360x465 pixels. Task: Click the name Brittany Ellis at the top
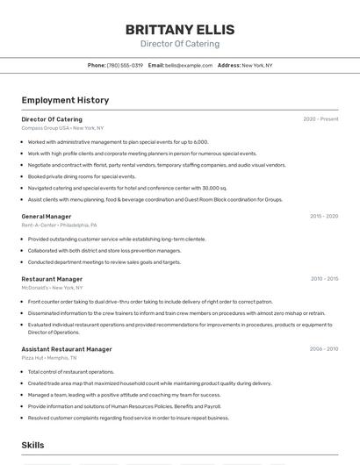click(179, 29)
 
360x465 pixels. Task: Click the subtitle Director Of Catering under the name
click(179, 44)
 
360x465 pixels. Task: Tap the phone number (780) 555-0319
click(125, 65)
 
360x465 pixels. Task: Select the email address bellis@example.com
click(189, 65)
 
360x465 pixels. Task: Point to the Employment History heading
click(65, 100)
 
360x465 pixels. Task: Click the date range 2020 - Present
click(320, 119)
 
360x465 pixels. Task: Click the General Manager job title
click(47, 216)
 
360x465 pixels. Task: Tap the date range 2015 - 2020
click(324, 216)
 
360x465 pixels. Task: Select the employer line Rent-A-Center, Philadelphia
click(60, 225)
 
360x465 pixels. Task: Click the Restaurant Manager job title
click(52, 279)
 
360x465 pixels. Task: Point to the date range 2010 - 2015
click(324, 279)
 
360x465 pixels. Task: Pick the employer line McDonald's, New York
click(52, 288)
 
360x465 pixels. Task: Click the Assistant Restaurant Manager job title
click(67, 349)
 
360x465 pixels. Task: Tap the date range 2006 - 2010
click(324, 349)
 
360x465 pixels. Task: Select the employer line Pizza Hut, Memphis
click(48, 358)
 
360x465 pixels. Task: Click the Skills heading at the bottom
click(33, 446)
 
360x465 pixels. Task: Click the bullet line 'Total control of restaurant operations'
click(71, 372)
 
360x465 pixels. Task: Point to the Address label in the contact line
click(228, 65)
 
